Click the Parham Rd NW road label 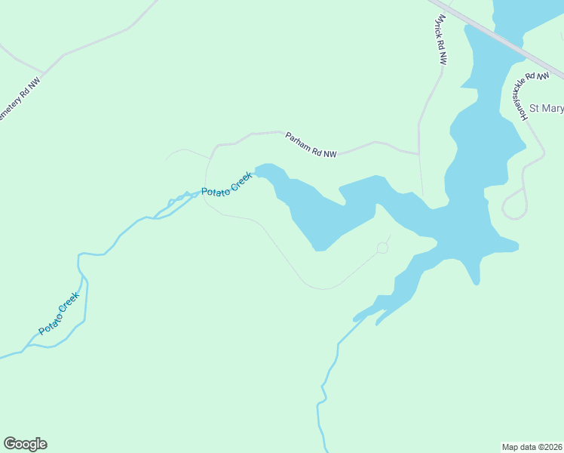tap(311, 145)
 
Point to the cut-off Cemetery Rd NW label tap(19, 103)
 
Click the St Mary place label tap(547, 109)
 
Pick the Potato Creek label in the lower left tap(59, 313)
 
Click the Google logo tap(25, 444)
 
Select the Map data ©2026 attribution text tap(532, 446)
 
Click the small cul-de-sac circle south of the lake tap(382, 248)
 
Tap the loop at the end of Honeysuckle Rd tap(514, 205)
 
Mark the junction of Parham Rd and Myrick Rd tap(418, 153)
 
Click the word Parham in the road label tap(299, 141)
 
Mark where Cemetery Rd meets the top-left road tap(44, 74)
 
